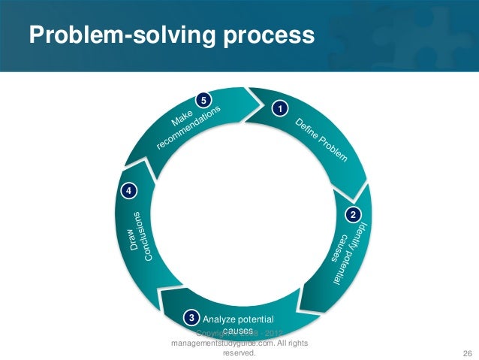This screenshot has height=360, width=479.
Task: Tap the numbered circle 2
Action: tap(351, 216)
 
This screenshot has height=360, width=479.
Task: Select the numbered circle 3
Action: tap(192, 318)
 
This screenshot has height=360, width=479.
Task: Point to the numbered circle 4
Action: tap(129, 192)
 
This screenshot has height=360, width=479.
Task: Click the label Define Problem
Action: tap(321, 140)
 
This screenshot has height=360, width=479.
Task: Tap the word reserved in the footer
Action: tap(239, 352)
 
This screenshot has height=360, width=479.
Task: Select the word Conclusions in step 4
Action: tap(148, 236)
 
